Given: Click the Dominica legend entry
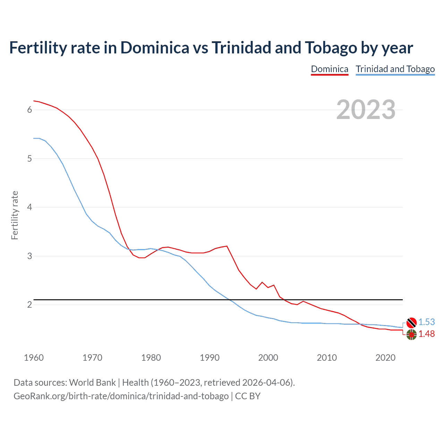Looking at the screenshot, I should [329, 69].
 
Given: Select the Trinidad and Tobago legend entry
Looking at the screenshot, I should [395, 69].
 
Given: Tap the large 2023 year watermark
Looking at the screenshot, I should [366, 110].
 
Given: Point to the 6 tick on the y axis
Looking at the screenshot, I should [29, 110].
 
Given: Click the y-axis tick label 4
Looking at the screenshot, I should [29, 207].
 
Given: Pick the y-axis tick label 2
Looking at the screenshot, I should [29, 305].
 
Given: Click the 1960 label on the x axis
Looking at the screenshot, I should [34, 358].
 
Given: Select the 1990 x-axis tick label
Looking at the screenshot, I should [210, 358].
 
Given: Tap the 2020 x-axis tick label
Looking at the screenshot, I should [385, 358].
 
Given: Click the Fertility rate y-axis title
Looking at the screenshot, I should [15, 215].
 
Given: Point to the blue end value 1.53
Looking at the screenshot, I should [426, 322].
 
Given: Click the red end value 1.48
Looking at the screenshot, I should [426, 334].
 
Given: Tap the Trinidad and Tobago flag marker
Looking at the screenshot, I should [411, 323].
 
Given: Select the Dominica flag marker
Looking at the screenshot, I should [411, 335].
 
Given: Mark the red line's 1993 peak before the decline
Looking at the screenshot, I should [227, 246].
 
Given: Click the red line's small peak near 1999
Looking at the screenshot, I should [262, 282].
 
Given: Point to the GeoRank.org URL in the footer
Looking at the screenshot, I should [121, 396].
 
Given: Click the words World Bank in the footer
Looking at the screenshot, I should [92, 383].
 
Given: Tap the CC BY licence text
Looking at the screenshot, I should [248, 396].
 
